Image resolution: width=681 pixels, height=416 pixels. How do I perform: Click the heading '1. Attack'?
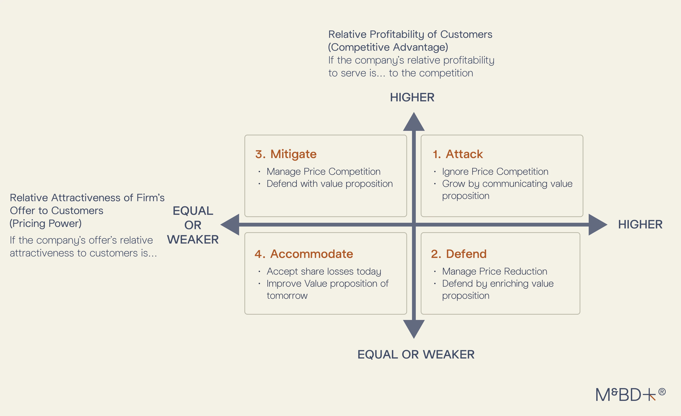point(458,154)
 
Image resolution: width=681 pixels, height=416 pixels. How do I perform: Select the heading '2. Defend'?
point(459,254)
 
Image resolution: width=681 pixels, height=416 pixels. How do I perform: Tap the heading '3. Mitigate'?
point(286,154)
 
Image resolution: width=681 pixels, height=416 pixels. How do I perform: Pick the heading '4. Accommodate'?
point(304,254)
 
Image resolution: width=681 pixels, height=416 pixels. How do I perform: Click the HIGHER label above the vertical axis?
point(412,98)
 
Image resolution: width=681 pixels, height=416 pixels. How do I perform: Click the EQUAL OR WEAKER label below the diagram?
point(416,354)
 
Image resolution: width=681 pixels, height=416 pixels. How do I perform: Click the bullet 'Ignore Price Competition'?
point(495,172)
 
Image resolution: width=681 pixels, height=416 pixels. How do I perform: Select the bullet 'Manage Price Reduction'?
point(494,271)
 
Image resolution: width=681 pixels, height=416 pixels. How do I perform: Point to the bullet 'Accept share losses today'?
point(324,271)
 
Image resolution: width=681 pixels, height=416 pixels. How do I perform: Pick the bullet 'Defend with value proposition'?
point(330,184)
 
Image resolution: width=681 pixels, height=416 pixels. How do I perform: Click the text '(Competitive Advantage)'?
point(388,47)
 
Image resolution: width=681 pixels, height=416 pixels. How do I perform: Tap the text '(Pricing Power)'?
point(46,224)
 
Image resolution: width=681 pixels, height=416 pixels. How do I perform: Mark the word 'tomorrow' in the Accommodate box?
point(287,296)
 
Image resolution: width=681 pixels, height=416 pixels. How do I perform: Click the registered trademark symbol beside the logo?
point(662,392)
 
